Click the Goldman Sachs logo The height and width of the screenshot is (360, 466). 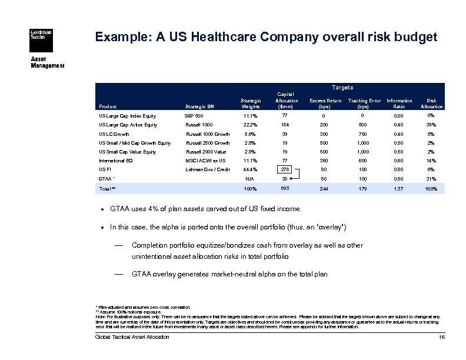pyautogui.click(x=41, y=35)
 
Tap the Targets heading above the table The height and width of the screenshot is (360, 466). pyautogui.click(x=342, y=87)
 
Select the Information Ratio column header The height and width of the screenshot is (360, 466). pyautogui.click(x=399, y=104)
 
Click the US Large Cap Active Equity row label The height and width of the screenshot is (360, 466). pyautogui.click(x=128, y=125)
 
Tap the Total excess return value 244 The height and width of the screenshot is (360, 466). pyautogui.click(x=324, y=189)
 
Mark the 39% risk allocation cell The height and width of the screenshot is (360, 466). pyautogui.click(x=431, y=125)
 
